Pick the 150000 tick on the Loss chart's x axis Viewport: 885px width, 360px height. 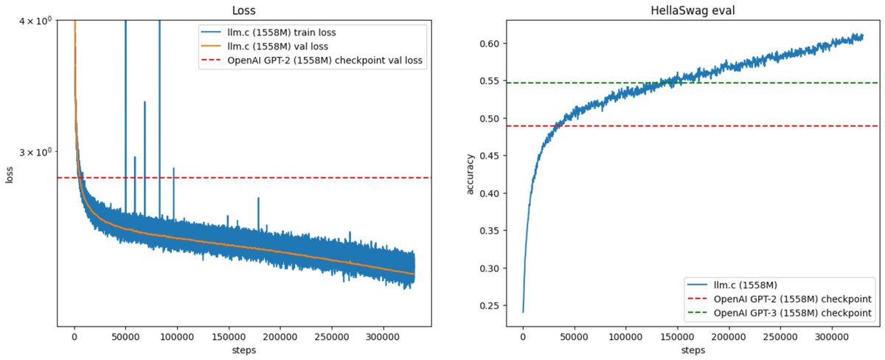(228, 336)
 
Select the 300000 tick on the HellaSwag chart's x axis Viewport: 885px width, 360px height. (830, 336)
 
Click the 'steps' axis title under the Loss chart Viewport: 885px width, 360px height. (243, 350)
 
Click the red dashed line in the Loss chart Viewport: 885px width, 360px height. (295, 178)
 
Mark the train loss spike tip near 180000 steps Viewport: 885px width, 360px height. (258, 198)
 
